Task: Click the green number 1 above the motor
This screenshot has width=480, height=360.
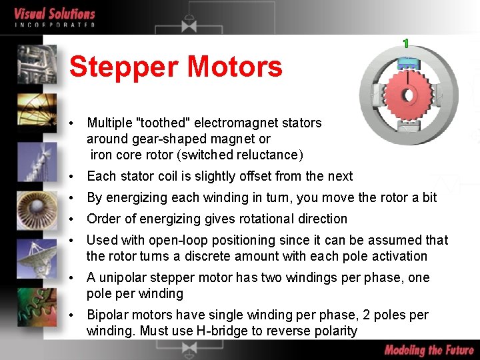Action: [405, 43]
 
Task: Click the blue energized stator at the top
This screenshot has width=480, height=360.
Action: [407, 63]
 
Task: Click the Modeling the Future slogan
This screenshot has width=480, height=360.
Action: [429, 350]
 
